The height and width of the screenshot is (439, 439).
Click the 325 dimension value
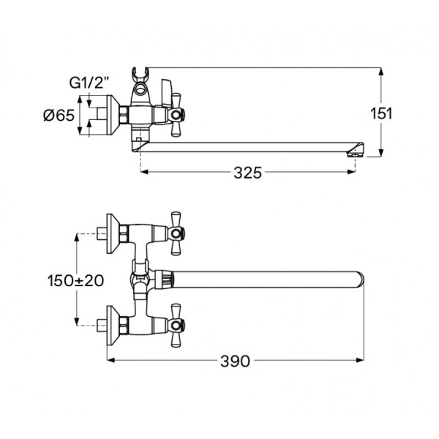[248, 173]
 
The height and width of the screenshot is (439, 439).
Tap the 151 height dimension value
[381, 113]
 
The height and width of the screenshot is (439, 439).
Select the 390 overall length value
[235, 361]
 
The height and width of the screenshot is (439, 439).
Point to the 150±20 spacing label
[75, 280]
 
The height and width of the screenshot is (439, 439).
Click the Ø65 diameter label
[59, 115]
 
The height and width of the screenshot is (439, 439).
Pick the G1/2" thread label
[89, 83]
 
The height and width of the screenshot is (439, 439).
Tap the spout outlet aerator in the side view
[355, 154]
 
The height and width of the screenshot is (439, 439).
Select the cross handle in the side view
[176, 115]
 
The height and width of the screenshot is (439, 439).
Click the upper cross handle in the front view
[176, 233]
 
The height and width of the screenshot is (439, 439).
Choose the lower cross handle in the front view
[176, 326]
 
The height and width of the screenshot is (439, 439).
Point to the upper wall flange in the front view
[113, 234]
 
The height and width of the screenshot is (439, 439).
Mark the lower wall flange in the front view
[113, 326]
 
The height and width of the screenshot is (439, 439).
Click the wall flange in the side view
[113, 115]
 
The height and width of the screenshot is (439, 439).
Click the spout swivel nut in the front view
[164, 279]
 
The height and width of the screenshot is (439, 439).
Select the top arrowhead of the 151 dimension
[380, 72]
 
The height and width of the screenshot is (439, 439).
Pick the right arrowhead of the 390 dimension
[360, 360]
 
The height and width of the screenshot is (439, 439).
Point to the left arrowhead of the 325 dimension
[144, 172]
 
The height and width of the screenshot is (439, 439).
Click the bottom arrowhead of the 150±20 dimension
[76, 321]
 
